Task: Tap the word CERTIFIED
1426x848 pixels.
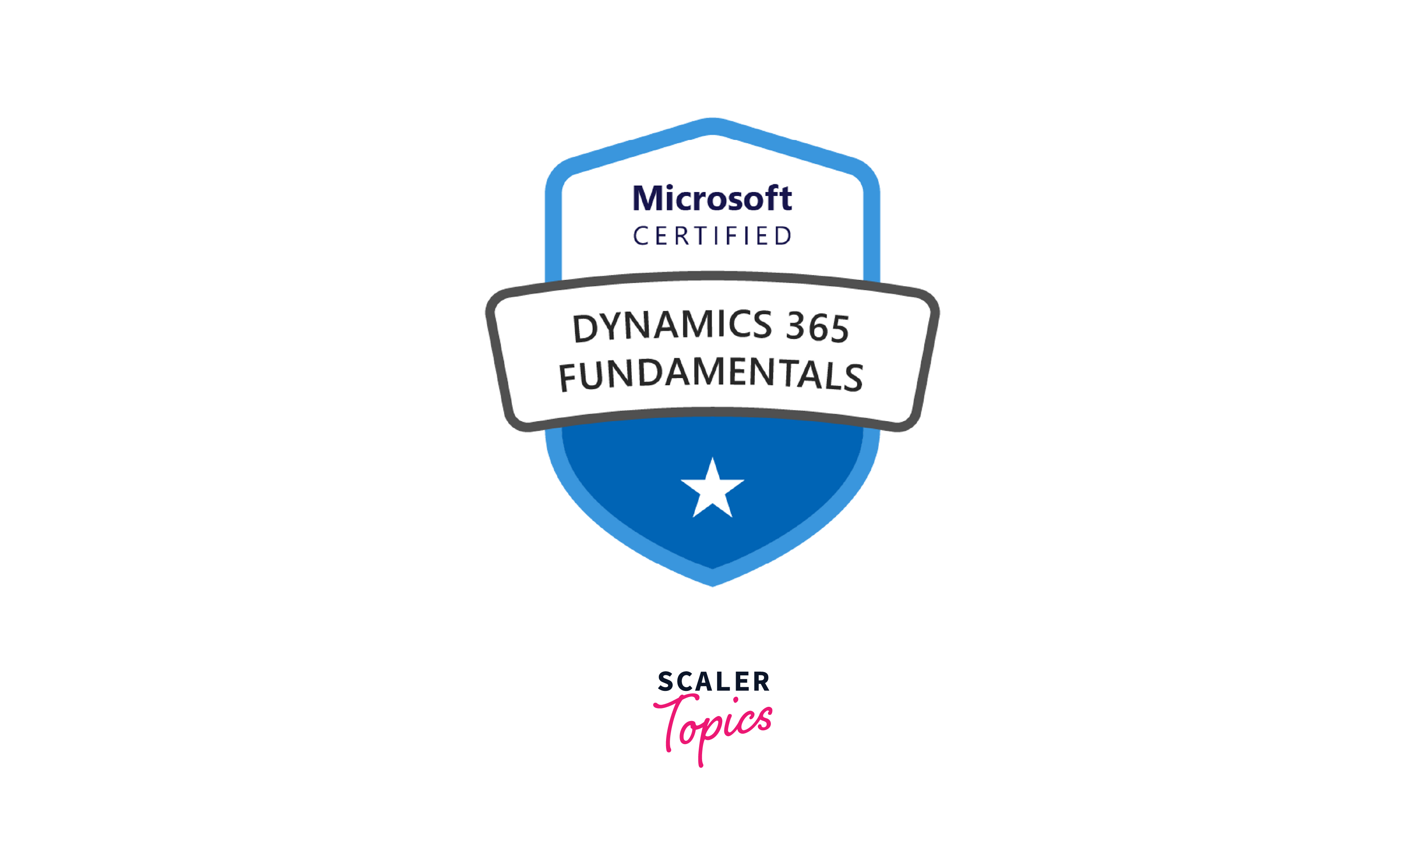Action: point(712,235)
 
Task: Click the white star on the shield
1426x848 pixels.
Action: point(712,490)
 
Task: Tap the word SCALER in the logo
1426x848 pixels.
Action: point(713,682)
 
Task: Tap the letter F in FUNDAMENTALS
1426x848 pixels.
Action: point(568,378)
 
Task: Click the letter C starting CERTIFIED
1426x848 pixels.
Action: point(640,236)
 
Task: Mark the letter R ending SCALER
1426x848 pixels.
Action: point(762,682)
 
